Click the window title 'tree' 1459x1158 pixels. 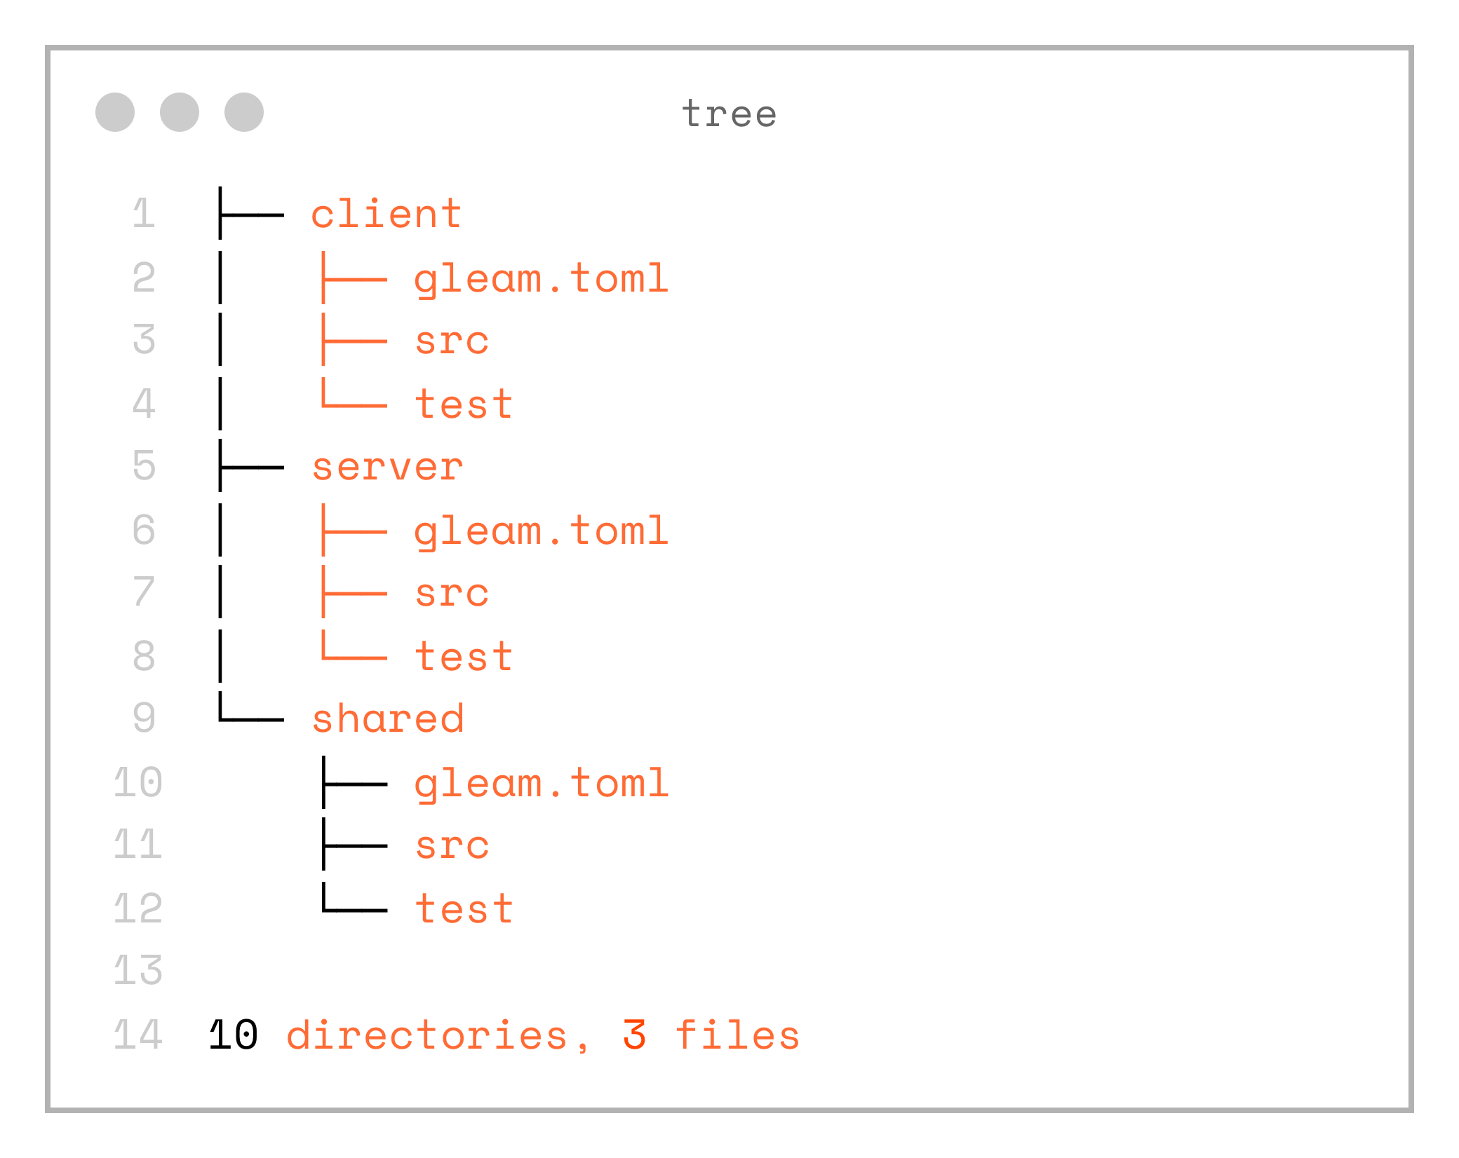tap(729, 114)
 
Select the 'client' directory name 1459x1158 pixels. tap(386, 214)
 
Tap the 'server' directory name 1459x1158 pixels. tap(387, 467)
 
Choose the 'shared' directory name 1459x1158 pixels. tap(388, 719)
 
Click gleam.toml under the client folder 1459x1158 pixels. tap(541, 279)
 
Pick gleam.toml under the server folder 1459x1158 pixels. tap(541, 531)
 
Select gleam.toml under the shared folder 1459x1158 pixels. tap(541, 784)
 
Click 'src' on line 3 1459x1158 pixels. tap(452, 341)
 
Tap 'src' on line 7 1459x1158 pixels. tap(452, 594)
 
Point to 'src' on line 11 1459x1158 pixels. tap(452, 846)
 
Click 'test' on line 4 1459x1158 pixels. tap(464, 404)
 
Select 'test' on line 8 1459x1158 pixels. tap(464, 657)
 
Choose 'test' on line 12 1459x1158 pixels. tap(464, 909)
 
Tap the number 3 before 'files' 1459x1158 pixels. tap(634, 1035)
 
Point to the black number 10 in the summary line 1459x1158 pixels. tap(234, 1035)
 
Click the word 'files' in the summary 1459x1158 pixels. tap(737, 1035)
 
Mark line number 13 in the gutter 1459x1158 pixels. tap(138, 972)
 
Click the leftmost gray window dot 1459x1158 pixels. tap(115, 112)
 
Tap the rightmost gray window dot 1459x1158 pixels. tap(244, 112)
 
